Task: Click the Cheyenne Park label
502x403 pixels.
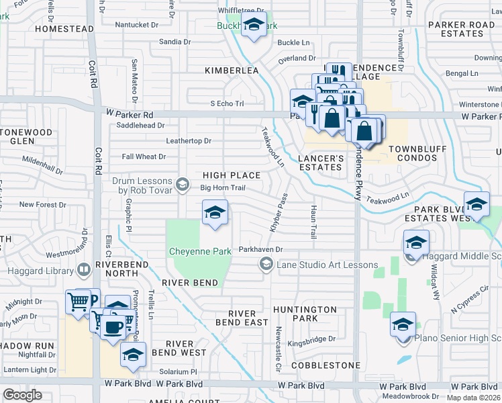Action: pyautogui.click(x=199, y=251)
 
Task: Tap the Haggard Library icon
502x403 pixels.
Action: pyautogui.click(x=84, y=271)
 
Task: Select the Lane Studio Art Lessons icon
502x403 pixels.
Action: pyautogui.click(x=266, y=265)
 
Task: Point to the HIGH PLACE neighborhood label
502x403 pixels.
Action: pyautogui.click(x=232, y=175)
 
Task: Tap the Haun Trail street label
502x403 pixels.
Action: pyautogui.click(x=313, y=222)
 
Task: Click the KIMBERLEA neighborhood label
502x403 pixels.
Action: pyautogui.click(x=232, y=71)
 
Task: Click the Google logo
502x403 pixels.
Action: pyautogui.click(x=22, y=395)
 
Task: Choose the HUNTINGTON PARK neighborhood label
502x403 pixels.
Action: pyautogui.click(x=305, y=314)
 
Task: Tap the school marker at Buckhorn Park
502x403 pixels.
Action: pyautogui.click(x=254, y=27)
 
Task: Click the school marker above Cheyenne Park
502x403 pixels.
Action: pyautogui.click(x=215, y=213)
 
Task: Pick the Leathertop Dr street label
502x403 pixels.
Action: pyautogui.click(x=189, y=141)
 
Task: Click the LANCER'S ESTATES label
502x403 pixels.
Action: pyautogui.click(x=321, y=163)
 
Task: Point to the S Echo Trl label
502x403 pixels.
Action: pyautogui.click(x=227, y=103)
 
